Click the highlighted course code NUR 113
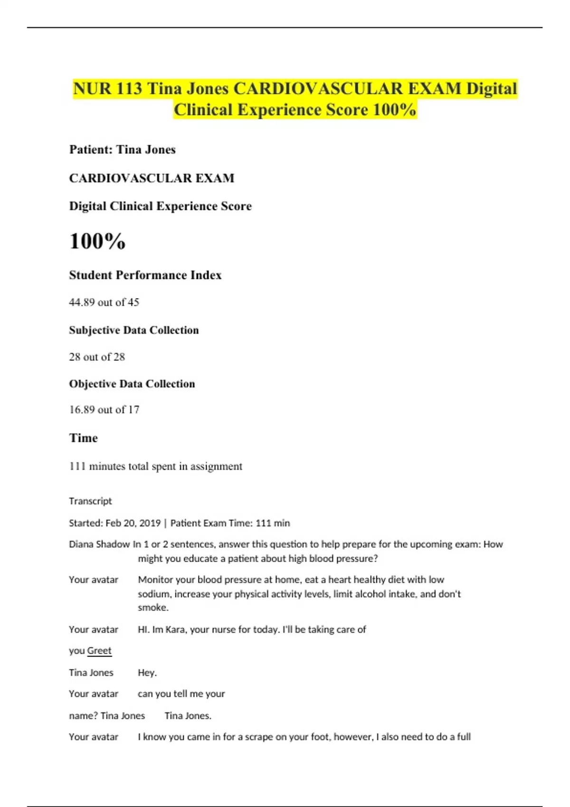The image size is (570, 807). click(x=107, y=89)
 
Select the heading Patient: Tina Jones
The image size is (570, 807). click(x=122, y=150)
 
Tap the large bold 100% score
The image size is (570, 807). click(x=97, y=241)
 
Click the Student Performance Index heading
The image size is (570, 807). click(x=145, y=275)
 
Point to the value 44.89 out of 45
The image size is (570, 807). click(x=104, y=302)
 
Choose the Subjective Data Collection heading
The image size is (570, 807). click(x=133, y=330)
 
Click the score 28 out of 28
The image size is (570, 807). click(x=97, y=357)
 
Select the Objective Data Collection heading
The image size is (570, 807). click(x=132, y=384)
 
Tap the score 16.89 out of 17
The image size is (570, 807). click(x=104, y=410)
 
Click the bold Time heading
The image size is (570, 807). click(x=83, y=438)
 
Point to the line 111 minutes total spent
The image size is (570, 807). click(x=155, y=467)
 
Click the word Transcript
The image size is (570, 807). click(x=90, y=501)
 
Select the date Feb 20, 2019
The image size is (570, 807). click(x=133, y=523)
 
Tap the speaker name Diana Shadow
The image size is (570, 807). click(x=99, y=544)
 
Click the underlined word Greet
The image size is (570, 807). click(x=99, y=651)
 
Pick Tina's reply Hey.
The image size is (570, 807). click(x=147, y=673)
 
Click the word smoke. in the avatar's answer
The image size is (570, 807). click(x=153, y=608)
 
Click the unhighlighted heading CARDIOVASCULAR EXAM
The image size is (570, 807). click(x=152, y=178)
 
